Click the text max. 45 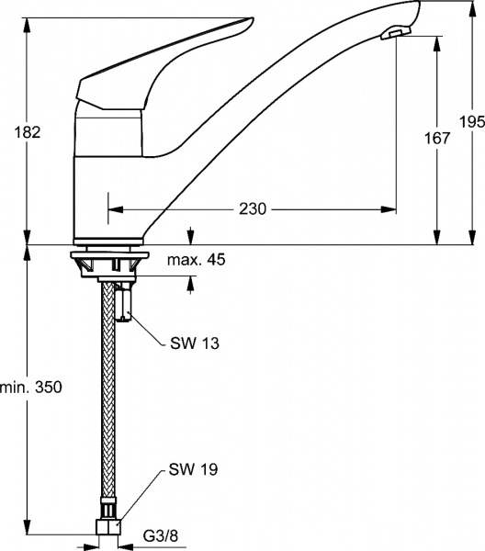click(x=196, y=260)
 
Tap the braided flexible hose click(x=109, y=413)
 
